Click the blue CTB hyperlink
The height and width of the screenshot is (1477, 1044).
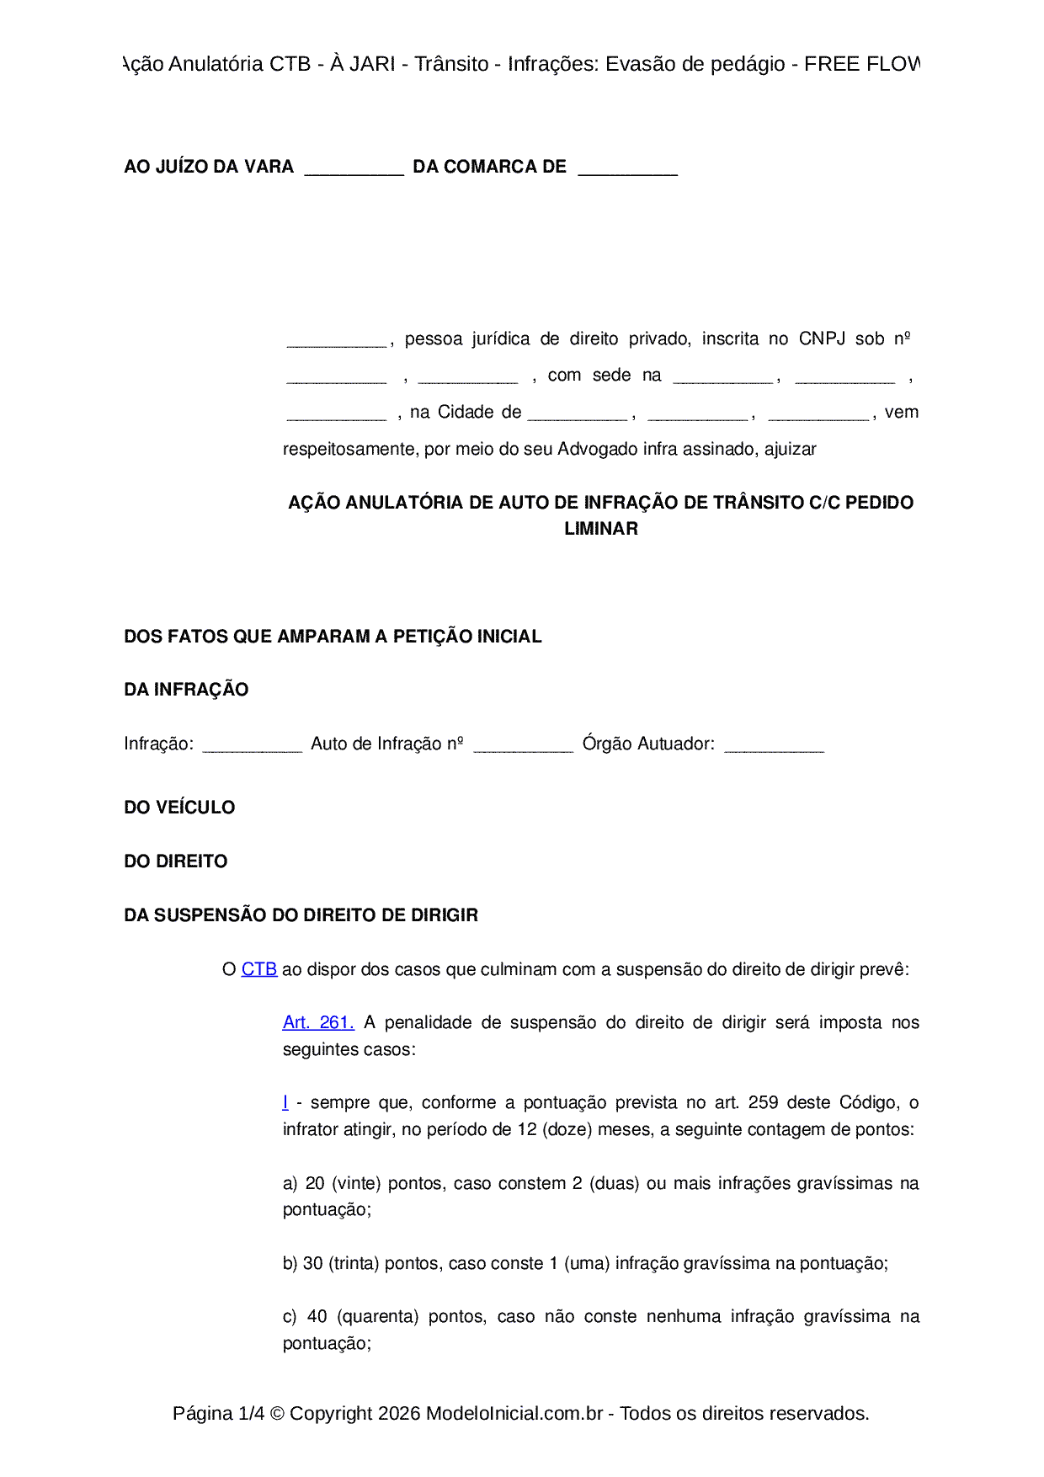(x=258, y=969)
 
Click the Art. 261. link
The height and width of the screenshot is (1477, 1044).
(x=318, y=1022)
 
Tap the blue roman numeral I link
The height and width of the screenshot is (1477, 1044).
(x=285, y=1102)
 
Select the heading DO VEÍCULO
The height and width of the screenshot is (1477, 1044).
(x=179, y=808)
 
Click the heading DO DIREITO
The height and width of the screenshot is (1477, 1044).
(x=175, y=861)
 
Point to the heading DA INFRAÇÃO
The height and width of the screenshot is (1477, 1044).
(x=186, y=690)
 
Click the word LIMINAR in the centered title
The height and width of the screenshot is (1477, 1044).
(x=601, y=529)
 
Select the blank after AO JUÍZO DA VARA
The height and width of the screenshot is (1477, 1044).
(x=354, y=168)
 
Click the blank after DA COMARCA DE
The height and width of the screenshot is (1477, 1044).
(x=627, y=168)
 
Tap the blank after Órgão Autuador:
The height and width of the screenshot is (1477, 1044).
(x=774, y=745)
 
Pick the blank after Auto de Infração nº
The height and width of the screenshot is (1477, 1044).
(x=523, y=745)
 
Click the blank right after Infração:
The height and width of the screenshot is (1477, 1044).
(x=252, y=745)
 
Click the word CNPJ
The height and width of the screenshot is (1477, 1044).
(x=822, y=339)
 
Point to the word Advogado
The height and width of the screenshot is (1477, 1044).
(x=598, y=449)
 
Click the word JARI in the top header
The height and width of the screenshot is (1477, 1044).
(x=371, y=64)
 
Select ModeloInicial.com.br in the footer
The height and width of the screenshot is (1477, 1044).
(x=514, y=1413)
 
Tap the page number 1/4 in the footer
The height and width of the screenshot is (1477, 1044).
(x=251, y=1413)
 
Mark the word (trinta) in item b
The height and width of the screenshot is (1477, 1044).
(x=354, y=1263)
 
